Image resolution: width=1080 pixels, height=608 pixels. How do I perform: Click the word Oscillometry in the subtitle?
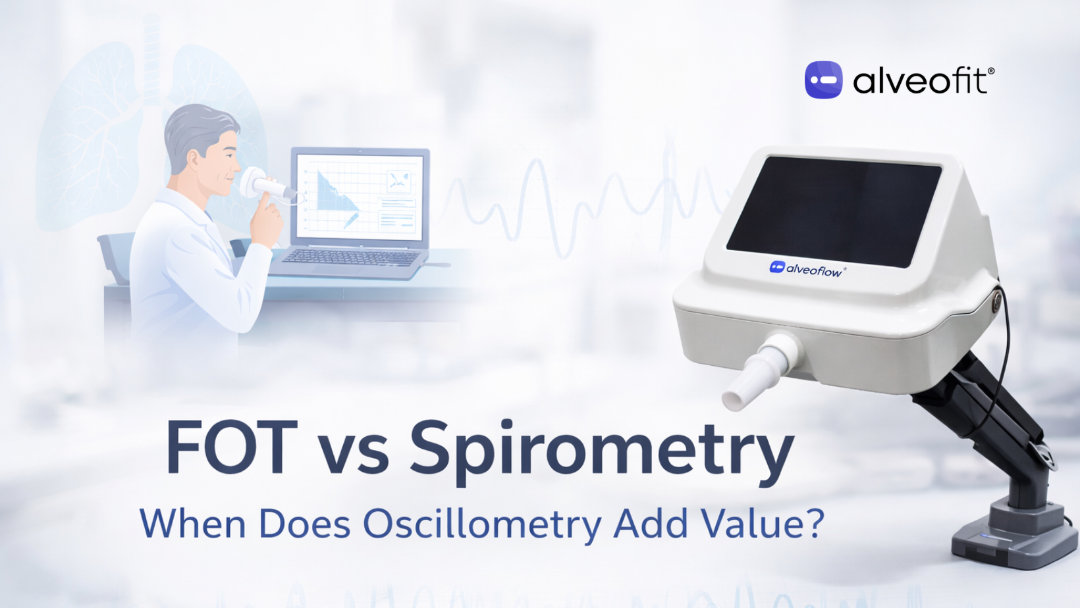pos(482,524)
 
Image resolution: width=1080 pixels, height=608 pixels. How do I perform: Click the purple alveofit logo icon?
pos(823,80)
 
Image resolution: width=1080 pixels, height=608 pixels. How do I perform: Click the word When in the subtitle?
pos(192,524)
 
